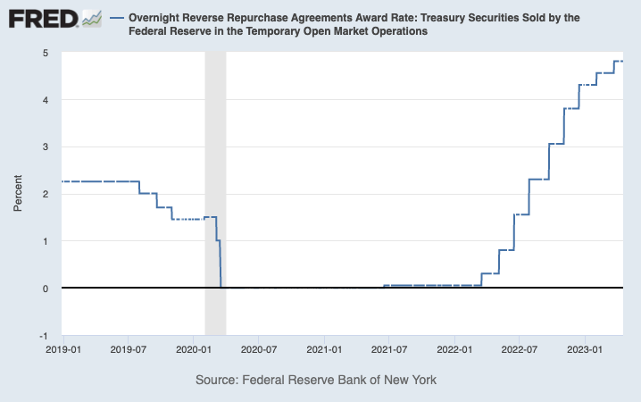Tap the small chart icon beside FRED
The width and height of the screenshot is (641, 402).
(92, 18)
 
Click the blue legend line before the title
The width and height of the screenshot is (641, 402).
(116, 18)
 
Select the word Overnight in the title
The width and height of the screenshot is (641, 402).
(157, 18)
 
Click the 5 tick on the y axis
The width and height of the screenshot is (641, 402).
(44, 53)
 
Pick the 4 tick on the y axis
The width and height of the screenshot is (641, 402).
(44, 100)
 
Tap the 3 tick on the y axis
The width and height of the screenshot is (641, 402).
(44, 147)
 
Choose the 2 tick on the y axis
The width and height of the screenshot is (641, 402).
(44, 194)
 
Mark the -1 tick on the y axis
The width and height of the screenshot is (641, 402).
(42, 336)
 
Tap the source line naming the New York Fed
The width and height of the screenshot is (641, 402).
(315, 380)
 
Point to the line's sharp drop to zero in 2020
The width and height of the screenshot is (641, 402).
(221, 264)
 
